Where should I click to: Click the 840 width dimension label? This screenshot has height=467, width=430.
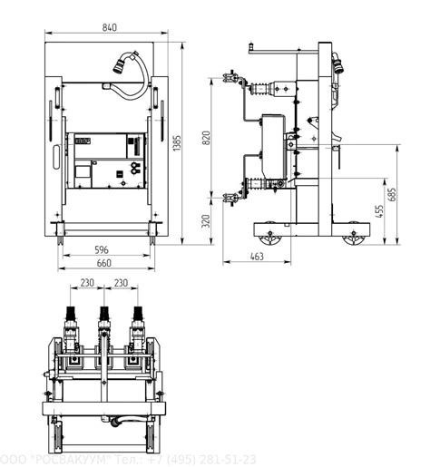point(109,27)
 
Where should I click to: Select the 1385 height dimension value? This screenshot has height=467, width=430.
point(177,143)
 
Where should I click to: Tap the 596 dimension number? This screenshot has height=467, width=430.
point(102,250)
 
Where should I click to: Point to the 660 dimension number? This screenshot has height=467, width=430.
point(104,263)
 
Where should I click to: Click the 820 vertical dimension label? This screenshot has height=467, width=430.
point(206,138)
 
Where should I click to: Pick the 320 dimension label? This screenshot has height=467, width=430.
point(206,221)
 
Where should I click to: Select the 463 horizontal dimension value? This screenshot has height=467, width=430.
point(257,257)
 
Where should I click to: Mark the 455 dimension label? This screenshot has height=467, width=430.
point(379,211)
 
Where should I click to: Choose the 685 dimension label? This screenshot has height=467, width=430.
point(392,194)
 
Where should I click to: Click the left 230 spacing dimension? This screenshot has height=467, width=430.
point(87,283)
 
